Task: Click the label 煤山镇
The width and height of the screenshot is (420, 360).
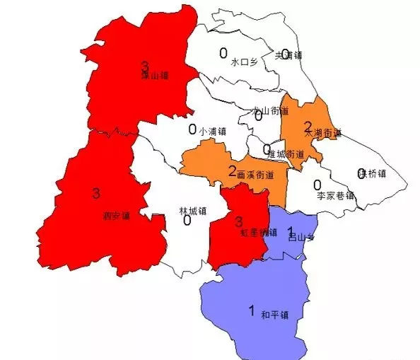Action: tap(154, 74)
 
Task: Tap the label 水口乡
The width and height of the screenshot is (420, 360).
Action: tap(245, 62)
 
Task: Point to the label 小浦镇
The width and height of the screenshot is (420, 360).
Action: tap(212, 131)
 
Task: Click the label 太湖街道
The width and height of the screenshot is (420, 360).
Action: tap(323, 133)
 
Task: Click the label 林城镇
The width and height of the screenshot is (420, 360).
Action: tap(192, 211)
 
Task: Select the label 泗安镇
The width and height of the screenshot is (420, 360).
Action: tap(117, 215)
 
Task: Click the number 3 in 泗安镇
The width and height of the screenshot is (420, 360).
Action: tap(96, 192)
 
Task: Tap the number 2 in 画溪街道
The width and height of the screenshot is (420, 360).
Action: tap(233, 170)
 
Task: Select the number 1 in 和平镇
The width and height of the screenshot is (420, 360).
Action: tap(250, 310)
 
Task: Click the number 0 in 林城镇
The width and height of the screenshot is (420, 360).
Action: tap(187, 221)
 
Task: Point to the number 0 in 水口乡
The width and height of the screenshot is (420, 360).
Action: tap(223, 52)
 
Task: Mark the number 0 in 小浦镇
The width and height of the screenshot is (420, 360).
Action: tap(192, 129)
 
